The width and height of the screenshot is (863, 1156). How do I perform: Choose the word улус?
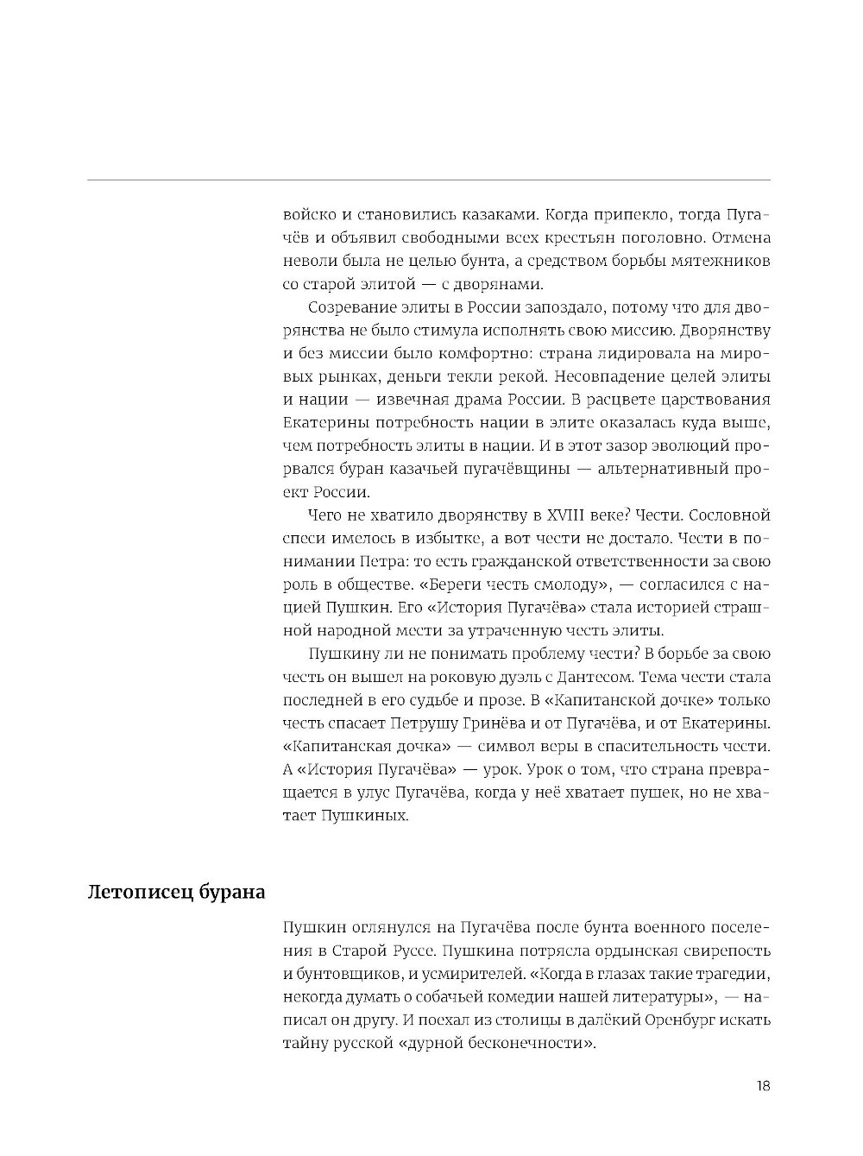tap(366, 793)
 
